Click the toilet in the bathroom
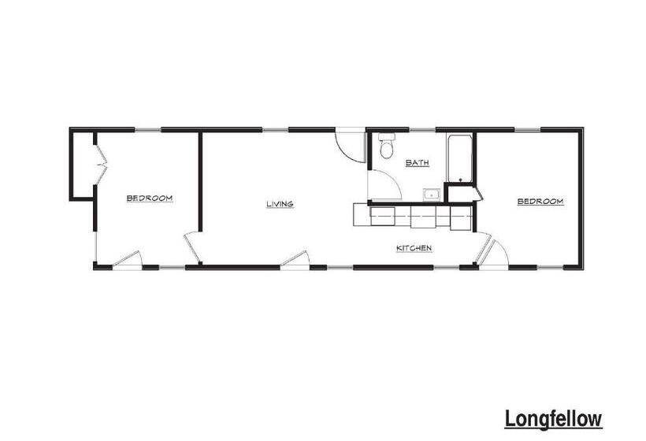coord(387,146)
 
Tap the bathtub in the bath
coord(459,158)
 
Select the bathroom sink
coord(432,195)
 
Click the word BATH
coord(418,163)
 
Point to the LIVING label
coord(280,204)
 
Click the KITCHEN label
coord(414,248)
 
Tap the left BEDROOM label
coord(150,198)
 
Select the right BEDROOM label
coord(540,202)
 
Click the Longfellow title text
coord(553,420)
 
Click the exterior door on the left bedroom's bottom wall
coord(128,259)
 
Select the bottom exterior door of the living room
coord(295,259)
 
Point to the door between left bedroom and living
coord(192,247)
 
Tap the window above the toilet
coord(422,130)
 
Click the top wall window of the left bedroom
coord(147,130)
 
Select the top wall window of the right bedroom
coord(528,130)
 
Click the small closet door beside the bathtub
coord(477,194)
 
